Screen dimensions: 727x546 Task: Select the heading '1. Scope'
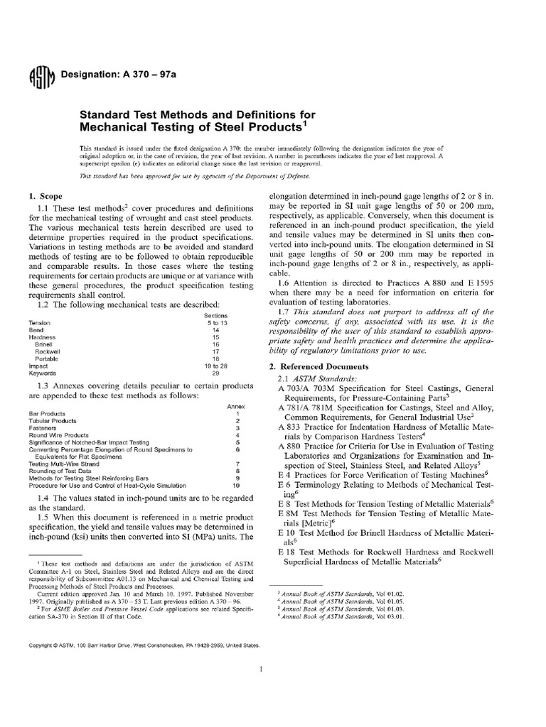coord(45,195)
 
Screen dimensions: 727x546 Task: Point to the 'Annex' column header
coord(235,406)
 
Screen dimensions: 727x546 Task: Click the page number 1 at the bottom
coord(262,669)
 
